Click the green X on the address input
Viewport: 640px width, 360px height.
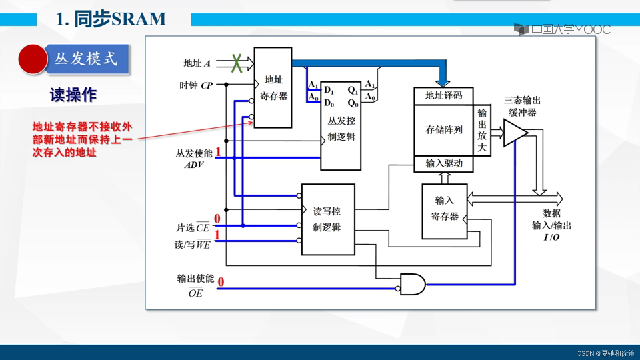point(237,63)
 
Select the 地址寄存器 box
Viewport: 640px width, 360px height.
point(273,88)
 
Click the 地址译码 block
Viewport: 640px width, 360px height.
point(443,96)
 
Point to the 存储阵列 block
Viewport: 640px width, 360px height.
point(443,130)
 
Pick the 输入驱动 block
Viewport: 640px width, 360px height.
point(443,164)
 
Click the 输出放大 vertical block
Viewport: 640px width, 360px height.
point(482,130)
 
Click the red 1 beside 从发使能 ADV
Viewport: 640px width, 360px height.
point(218,152)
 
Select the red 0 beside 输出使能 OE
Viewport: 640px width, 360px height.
point(221,282)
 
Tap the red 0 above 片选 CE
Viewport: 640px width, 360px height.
point(217,219)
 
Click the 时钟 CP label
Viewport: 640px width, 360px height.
point(196,86)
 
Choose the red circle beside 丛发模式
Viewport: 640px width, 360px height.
point(33,59)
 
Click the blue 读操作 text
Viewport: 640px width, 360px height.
point(73,95)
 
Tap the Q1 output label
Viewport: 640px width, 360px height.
point(352,90)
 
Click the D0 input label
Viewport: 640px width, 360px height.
point(329,103)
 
